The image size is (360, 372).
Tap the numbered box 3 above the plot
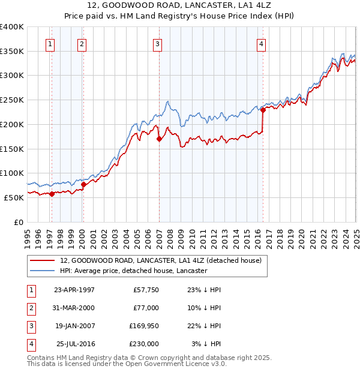157,43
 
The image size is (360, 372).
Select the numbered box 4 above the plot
262,43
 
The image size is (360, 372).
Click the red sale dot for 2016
263,110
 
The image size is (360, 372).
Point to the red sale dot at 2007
159,139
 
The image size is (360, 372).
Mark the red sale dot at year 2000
83,184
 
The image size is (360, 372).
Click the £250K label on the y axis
11,100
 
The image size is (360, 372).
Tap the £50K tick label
14,197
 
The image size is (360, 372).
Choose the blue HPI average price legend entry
133,271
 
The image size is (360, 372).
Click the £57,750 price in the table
146,290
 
